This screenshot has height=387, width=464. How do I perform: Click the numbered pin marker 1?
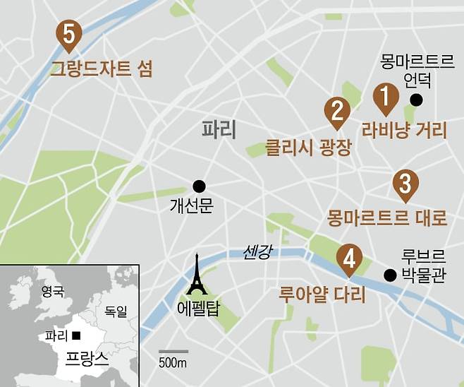coord(384,97)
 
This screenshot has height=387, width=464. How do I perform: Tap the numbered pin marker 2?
coord(337,112)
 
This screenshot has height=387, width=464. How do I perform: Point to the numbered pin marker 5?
coord(69,34)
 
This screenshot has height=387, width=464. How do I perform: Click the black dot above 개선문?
coord(199,186)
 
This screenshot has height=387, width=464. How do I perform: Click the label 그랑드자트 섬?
coord(102,69)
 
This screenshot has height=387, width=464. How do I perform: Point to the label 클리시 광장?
coord(307,148)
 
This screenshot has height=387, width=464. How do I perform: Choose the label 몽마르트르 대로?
coord(387,218)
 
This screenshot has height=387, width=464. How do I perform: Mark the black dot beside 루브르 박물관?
coord(389,275)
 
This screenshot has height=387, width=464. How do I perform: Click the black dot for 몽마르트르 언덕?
coord(417,100)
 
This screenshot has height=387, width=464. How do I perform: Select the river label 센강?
coord(256,251)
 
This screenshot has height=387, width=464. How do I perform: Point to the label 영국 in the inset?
coord(52,290)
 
